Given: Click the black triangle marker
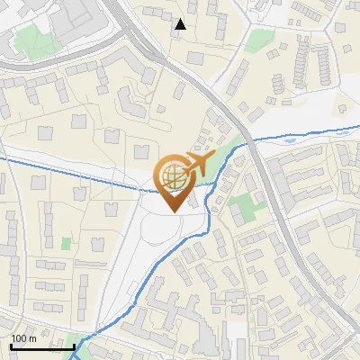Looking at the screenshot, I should pos(181,23).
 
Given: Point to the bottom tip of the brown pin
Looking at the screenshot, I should pos(173,211).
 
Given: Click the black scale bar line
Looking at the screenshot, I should pos(41,346).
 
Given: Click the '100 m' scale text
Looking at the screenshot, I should pos(23,338).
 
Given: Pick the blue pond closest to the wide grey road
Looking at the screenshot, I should pos(288,140).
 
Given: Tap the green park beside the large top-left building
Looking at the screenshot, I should pos(34,40).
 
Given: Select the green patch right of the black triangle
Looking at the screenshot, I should pos(260,40).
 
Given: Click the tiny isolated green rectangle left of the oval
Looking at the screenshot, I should pos(66,242).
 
